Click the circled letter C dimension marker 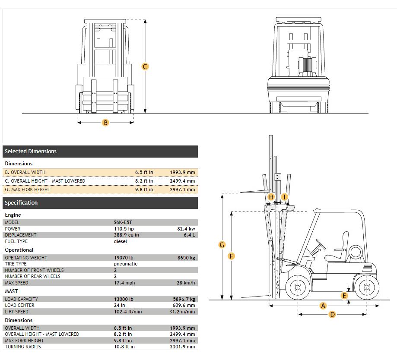pos(145,66)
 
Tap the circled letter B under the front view pos(105,123)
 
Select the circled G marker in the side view pos(222,245)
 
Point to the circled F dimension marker pos(232,256)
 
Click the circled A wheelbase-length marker pos(323,306)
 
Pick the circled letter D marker pos(332,314)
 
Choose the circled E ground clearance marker pos(344,296)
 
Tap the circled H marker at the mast pos(271,197)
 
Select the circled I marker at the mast pos(284,197)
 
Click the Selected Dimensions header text pos(31,152)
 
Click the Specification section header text pos(21,203)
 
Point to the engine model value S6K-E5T pos(124,222)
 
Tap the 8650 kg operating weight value pos(186,258)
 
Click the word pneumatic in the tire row pos(126,264)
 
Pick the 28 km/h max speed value pos(186,283)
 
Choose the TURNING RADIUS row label pos(23,347)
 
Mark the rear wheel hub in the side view pos(366,287)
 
